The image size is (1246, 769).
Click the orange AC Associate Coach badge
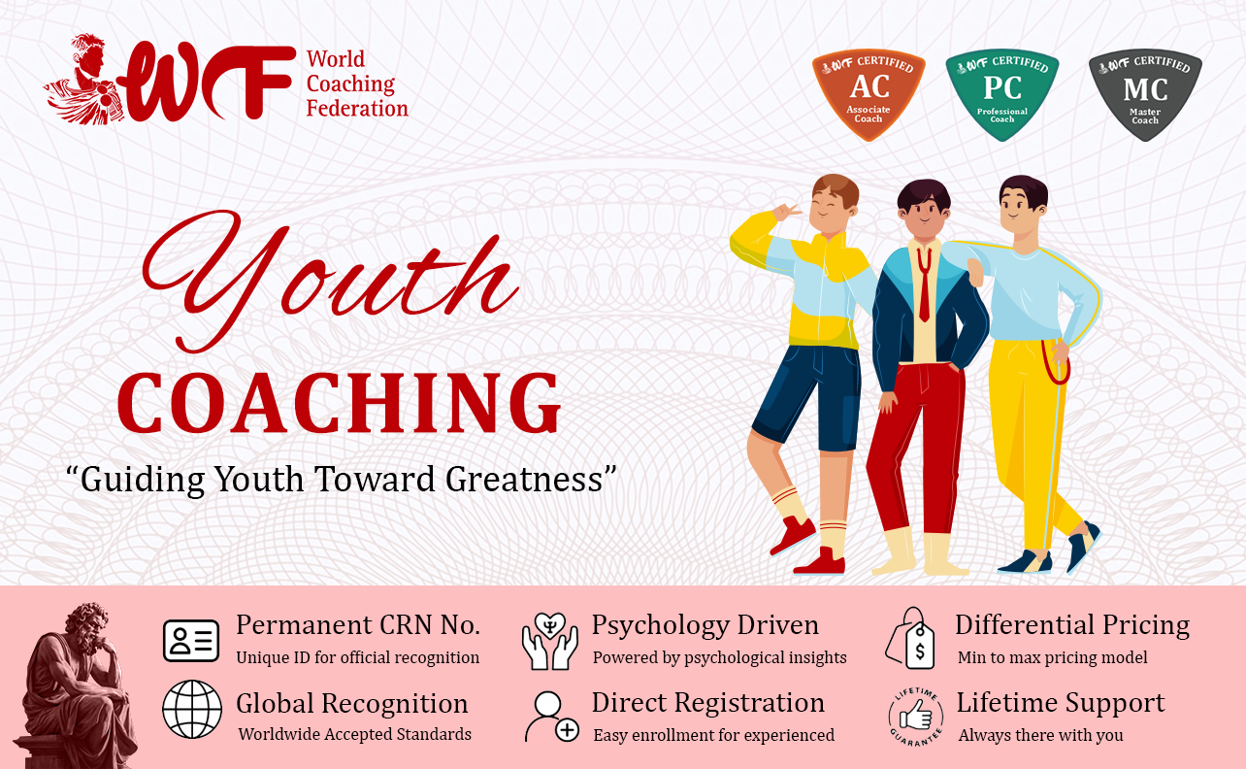[869, 94]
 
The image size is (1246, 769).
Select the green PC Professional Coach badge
[1001, 94]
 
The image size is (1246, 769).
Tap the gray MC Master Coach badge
[1145, 94]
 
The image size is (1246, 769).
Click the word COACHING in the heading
[339, 403]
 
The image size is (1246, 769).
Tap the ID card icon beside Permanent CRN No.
[191, 641]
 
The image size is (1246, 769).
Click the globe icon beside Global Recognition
[192, 709]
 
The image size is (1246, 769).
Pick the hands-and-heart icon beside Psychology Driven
[550, 641]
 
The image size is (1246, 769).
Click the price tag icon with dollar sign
[910, 638]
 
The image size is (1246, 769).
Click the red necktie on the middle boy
[925, 284]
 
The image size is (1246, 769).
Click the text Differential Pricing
[1072, 625]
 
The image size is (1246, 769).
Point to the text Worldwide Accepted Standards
[355, 734]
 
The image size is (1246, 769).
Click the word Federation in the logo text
[357, 109]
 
